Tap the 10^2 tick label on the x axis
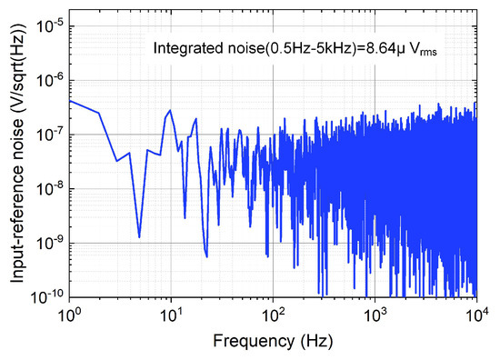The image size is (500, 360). coord(272,315)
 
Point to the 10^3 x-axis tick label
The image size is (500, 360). coord(374,315)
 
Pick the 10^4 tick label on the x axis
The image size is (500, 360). coord(475,315)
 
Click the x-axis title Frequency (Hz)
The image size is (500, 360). coord(272,342)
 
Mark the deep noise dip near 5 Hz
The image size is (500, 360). coord(139,237)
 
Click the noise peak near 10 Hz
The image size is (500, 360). coord(170,110)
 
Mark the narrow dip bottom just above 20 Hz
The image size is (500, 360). coord(206,256)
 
